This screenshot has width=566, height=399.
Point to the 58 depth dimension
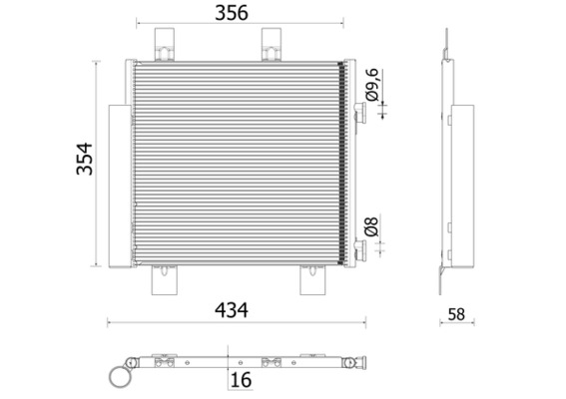click(457, 313)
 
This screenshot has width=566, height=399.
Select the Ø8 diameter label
click(371, 226)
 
